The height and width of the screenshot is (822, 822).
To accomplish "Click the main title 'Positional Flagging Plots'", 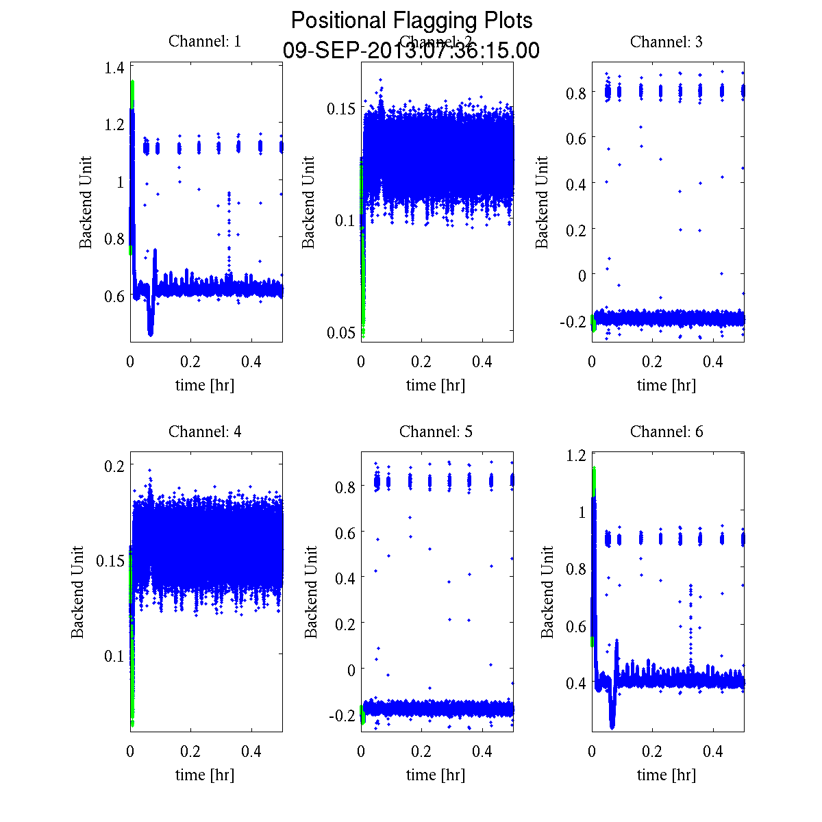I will (411, 21).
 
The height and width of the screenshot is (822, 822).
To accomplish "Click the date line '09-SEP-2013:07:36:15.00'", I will (411, 51).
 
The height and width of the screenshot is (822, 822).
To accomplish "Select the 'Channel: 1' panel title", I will (205, 42).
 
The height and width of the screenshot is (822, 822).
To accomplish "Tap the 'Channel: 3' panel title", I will (666, 42).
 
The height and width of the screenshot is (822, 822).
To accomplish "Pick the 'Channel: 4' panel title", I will (205, 432).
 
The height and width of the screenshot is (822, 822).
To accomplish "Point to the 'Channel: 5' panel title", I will (436, 432).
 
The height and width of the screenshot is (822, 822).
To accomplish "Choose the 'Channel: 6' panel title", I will (666, 432).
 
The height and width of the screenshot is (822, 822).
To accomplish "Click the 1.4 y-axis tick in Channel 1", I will (114, 67).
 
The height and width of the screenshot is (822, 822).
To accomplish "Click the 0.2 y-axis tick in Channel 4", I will (114, 465).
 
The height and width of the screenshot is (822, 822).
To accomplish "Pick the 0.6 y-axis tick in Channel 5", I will (345, 532).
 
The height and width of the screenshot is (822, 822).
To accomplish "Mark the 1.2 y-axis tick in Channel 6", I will (576, 456).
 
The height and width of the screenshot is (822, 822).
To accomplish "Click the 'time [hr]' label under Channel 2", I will (436, 385).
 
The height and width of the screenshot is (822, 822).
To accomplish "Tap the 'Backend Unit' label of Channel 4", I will (77, 593).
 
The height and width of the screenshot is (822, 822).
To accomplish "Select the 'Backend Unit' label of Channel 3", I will (542, 202).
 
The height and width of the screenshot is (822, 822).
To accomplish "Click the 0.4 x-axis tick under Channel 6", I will (714, 751).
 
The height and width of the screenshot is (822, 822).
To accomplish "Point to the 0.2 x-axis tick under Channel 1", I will (191, 361).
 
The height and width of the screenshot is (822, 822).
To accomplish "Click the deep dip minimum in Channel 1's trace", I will (150, 334).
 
